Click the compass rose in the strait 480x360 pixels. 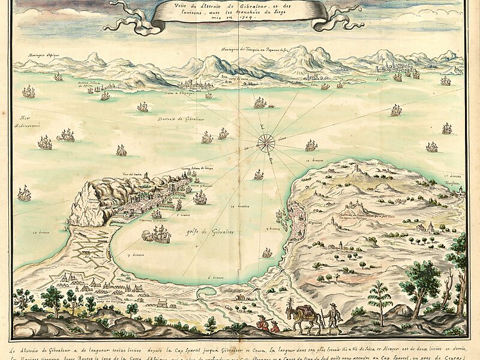[265, 143]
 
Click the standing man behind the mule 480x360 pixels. [334, 317]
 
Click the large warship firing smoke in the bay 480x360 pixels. [157, 235]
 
